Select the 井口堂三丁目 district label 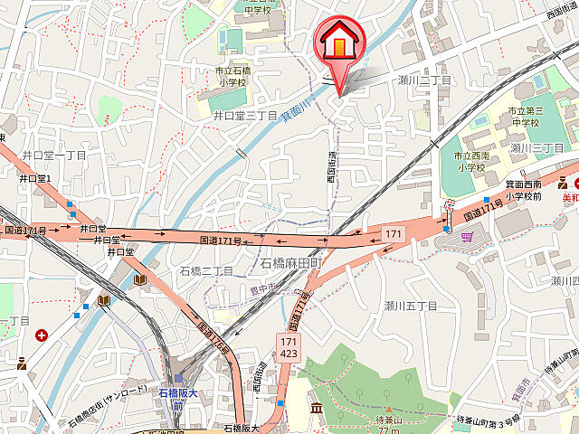click(x=244, y=116)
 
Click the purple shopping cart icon click(x=467, y=237)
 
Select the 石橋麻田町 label click(x=292, y=263)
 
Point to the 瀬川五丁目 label click(x=410, y=306)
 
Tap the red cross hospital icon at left click(x=42, y=335)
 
